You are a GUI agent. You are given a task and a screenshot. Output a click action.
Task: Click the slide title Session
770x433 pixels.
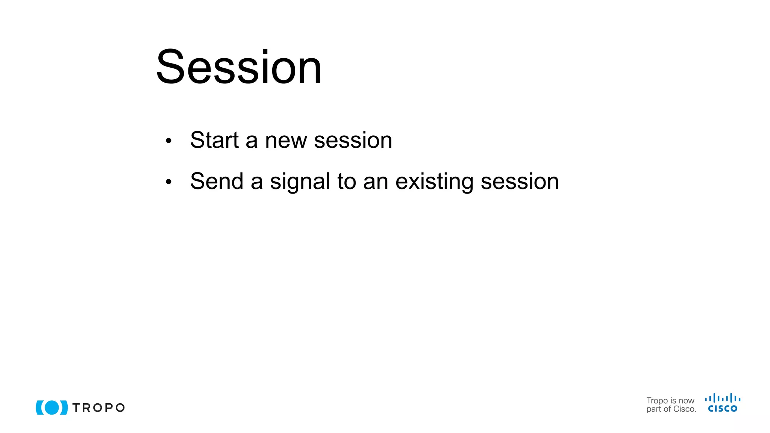239,68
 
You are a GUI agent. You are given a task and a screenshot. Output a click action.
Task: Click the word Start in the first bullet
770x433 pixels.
214,140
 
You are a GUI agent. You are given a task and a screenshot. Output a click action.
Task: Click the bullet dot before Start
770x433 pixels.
168,141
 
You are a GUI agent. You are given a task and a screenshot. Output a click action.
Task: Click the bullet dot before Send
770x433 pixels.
168,182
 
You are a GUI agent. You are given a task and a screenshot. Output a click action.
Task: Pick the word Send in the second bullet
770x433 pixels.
217,181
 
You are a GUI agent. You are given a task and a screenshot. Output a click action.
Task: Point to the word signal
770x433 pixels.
300,182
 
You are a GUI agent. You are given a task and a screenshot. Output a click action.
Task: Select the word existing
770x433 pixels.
434,182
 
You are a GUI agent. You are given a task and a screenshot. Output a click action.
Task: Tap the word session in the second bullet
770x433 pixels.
520,182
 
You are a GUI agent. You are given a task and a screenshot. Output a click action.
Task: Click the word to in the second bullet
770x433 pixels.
346,182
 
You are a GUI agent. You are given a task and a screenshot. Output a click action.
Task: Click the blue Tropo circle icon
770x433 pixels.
52,407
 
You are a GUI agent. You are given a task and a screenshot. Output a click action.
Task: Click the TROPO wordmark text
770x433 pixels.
99,408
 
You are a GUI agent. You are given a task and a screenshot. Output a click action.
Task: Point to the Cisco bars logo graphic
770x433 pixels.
722,398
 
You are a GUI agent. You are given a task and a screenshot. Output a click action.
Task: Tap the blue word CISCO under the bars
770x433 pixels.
722,409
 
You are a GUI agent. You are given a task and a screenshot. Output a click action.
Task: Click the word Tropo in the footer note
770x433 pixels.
657,401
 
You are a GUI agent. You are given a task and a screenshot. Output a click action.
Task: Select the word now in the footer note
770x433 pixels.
687,401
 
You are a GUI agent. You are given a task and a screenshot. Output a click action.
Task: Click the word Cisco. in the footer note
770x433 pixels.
685,409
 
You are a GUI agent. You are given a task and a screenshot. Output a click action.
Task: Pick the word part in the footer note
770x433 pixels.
653,410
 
